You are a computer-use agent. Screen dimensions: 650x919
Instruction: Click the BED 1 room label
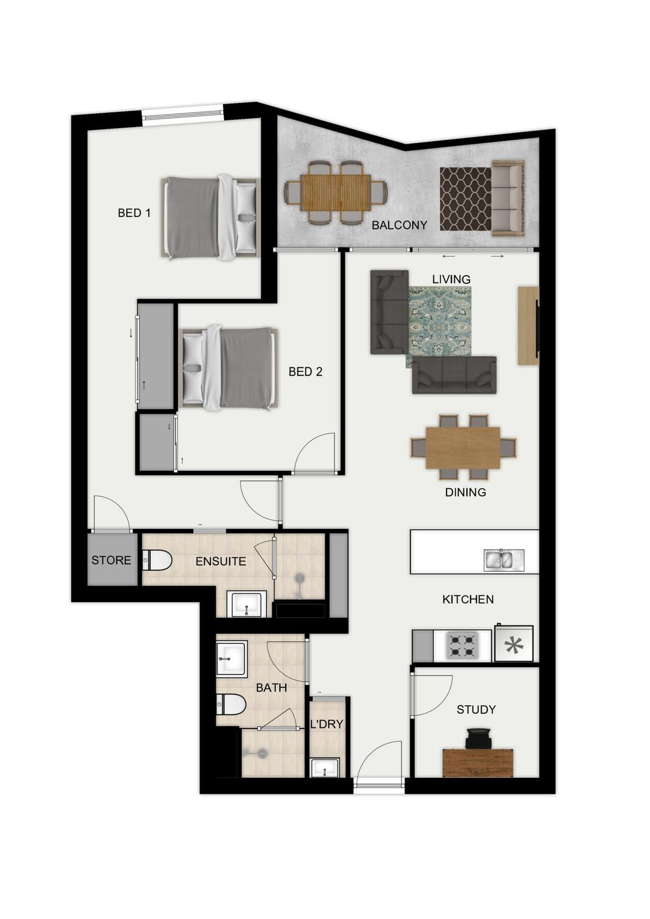(x=134, y=213)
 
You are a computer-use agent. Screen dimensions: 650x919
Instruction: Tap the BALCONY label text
(x=399, y=225)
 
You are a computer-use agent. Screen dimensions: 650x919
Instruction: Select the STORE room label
(x=111, y=560)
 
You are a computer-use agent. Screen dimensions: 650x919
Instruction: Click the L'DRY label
(x=327, y=724)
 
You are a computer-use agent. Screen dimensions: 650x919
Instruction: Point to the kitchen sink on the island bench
(x=504, y=560)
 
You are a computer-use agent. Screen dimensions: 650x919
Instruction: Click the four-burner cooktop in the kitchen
(x=461, y=645)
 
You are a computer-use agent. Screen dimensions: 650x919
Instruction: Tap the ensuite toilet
(x=157, y=561)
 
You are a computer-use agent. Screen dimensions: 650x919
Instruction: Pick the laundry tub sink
(x=324, y=768)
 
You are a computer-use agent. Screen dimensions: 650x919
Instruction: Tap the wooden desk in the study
(x=478, y=762)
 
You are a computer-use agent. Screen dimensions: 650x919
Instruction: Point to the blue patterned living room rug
(x=439, y=323)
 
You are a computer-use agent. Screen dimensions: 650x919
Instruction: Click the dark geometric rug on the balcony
(x=466, y=199)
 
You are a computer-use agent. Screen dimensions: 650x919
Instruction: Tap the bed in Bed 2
(x=229, y=369)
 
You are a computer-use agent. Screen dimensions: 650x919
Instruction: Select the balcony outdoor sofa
(x=508, y=198)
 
